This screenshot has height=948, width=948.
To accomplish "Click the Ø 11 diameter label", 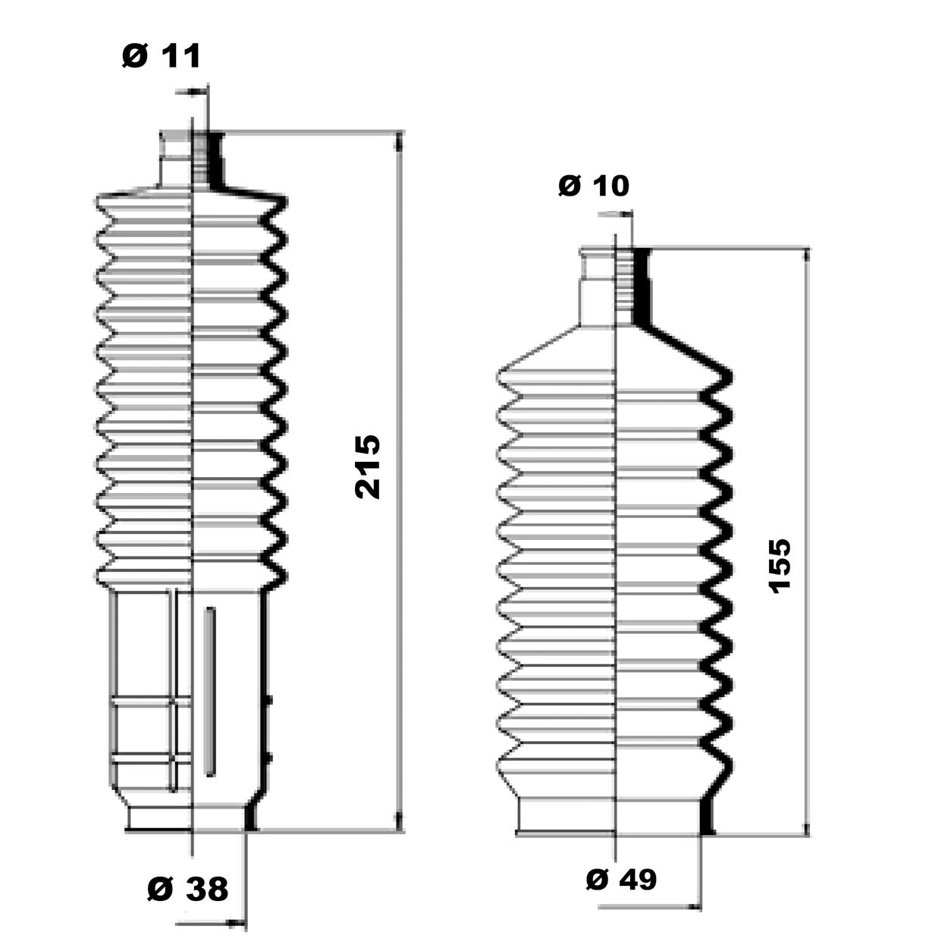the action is [162, 55].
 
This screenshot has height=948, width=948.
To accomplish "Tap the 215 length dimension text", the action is [368, 466].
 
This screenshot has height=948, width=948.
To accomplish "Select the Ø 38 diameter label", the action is [188, 888].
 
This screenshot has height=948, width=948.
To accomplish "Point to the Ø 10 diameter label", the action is [594, 186].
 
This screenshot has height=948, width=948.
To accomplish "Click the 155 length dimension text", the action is [780, 566].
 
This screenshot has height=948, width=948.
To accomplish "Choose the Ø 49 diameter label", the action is [621, 879].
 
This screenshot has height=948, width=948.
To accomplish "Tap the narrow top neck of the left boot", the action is [192, 159].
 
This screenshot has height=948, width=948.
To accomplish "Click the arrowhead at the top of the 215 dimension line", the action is [399, 142].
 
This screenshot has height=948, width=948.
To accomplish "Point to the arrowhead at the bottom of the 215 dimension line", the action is [399, 821].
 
